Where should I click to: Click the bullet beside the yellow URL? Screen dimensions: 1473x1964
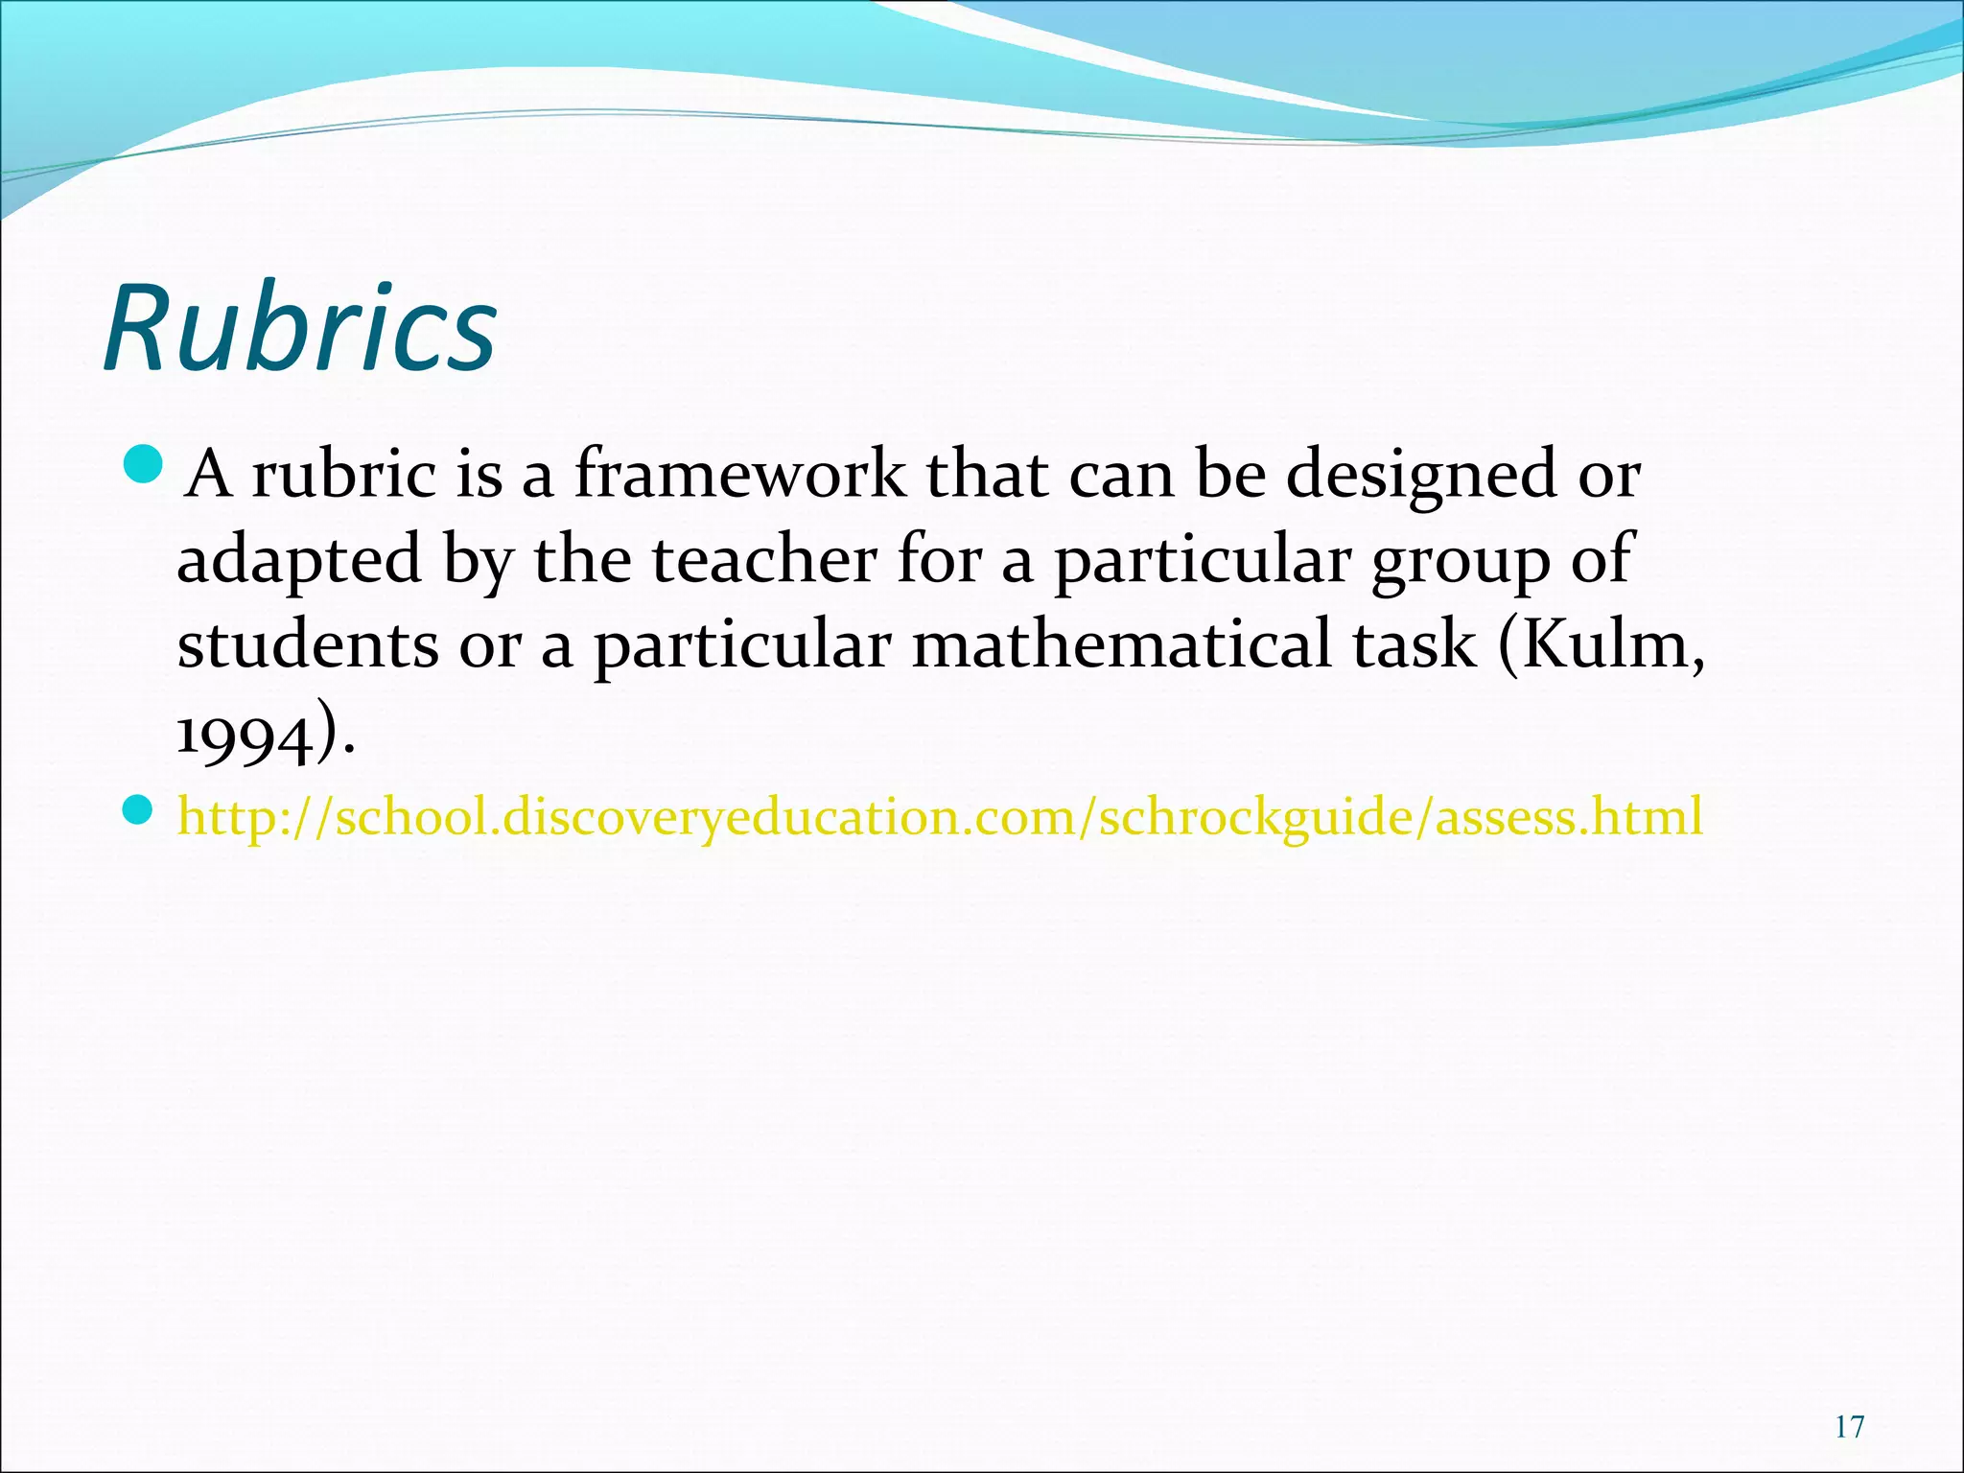(139, 812)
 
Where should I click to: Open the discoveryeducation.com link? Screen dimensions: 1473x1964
(940, 817)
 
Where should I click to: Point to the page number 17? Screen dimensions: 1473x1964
(1849, 1428)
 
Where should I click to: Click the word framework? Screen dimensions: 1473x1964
(739, 475)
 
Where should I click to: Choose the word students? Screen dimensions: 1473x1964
(308, 644)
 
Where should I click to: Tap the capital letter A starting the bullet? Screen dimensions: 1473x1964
(208, 475)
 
